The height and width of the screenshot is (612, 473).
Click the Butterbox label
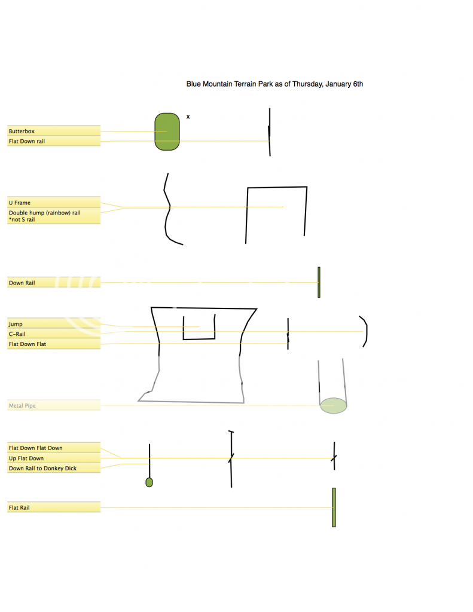(x=22, y=131)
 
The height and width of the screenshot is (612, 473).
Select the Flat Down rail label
(x=26, y=141)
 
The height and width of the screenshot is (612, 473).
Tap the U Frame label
(x=20, y=203)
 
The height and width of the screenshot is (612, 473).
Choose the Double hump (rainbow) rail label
(x=44, y=216)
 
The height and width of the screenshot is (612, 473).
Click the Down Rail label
(x=22, y=283)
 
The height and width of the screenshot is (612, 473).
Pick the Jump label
(x=16, y=325)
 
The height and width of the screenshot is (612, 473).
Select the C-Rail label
(x=17, y=334)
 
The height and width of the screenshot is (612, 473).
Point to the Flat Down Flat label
(x=28, y=344)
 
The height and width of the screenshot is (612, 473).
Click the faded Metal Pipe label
(x=22, y=406)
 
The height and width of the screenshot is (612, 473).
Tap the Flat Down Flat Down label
(x=35, y=448)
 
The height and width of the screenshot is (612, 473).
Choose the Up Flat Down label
(x=26, y=458)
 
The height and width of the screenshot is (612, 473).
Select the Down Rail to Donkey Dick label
(x=42, y=469)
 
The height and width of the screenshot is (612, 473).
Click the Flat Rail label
(x=19, y=508)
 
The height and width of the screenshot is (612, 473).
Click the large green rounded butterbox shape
(x=167, y=132)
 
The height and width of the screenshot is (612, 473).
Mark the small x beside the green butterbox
(x=188, y=117)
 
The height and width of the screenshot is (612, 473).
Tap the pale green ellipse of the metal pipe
(x=334, y=406)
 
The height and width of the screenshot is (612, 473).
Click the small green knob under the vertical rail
(x=149, y=482)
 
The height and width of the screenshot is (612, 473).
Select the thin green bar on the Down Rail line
(x=319, y=283)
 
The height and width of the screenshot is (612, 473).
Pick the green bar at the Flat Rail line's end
(x=334, y=507)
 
